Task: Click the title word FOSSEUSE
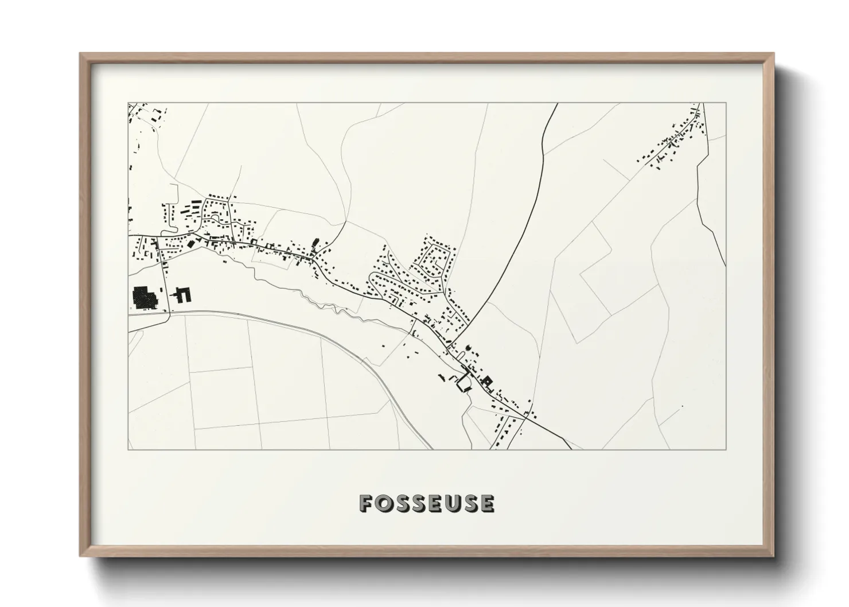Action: pos(426,503)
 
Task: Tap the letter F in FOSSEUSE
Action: pos(367,503)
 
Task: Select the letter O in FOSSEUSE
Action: pos(383,503)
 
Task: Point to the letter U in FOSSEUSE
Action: pos(453,503)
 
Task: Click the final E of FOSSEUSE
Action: pos(486,503)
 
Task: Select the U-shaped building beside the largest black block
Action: pos(184,294)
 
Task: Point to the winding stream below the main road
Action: pos(298,293)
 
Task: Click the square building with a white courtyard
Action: pos(488,380)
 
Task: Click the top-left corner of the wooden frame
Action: pos(80,54)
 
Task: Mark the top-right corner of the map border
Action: pos(726,103)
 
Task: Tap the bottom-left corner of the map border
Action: pos(128,449)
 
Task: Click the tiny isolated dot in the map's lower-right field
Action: pos(683,407)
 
